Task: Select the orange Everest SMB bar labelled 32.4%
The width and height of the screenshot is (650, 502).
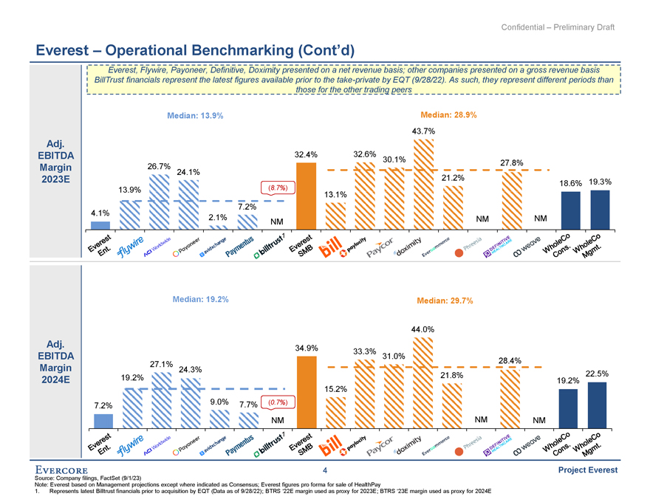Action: pyautogui.click(x=306, y=196)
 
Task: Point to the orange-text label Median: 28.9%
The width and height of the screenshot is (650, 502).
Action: pyautogui.click(x=448, y=115)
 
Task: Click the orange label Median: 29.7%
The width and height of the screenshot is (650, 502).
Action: pyautogui.click(x=445, y=300)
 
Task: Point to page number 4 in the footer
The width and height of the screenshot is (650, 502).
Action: pyautogui.click(x=324, y=470)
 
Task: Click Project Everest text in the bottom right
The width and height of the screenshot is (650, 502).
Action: pyautogui.click(x=586, y=470)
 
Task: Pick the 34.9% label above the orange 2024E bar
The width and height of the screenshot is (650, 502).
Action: pyautogui.click(x=306, y=348)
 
